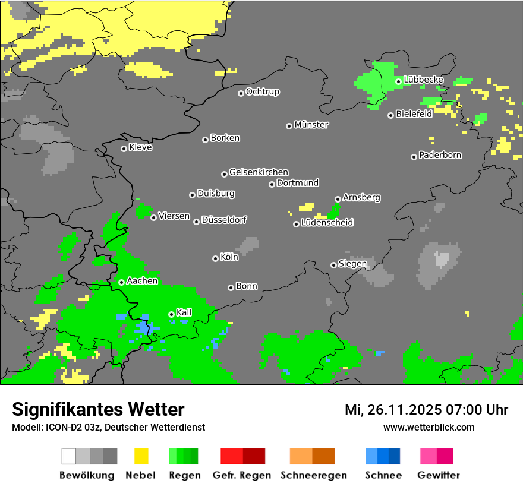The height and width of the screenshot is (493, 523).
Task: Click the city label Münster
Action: (311, 125)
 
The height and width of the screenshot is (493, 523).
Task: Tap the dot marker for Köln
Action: (215, 258)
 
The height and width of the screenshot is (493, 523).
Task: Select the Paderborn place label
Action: (440, 156)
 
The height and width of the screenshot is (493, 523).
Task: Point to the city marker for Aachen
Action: (121, 282)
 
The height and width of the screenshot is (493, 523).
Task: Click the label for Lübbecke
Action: (424, 80)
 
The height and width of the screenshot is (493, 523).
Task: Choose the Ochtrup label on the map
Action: (263, 92)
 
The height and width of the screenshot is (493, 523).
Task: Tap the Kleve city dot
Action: (124, 148)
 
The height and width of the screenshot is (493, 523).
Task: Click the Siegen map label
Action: (352, 264)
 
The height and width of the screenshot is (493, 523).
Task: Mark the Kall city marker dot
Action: (171, 314)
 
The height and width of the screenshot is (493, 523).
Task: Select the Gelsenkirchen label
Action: (259, 172)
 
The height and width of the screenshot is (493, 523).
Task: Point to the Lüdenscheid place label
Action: (327, 223)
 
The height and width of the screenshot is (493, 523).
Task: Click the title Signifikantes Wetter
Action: (98, 409)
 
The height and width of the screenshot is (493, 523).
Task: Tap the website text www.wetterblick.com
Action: (429, 427)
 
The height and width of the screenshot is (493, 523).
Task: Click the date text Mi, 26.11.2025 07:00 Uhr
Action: (426, 410)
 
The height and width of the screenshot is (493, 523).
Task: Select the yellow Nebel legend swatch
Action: (141, 456)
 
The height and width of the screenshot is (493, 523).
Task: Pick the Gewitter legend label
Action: (439, 475)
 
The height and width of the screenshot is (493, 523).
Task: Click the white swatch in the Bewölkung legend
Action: (69, 456)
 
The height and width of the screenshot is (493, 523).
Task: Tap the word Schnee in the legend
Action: (383, 475)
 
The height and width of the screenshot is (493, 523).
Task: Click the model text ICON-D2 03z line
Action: (108, 427)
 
